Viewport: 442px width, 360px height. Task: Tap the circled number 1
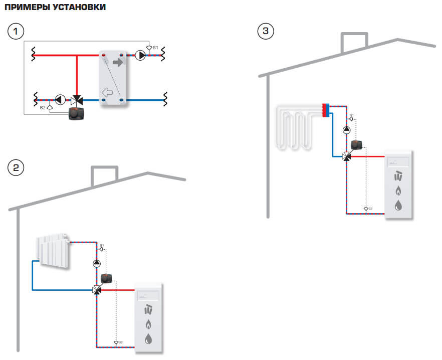click(x=16, y=32)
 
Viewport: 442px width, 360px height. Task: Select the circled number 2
click(x=16, y=167)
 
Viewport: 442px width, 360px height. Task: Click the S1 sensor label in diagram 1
click(x=155, y=47)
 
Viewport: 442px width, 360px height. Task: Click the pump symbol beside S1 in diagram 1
click(x=140, y=56)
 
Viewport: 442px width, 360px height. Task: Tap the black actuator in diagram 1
click(x=77, y=113)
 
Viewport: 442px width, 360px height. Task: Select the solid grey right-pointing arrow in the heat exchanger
click(x=119, y=63)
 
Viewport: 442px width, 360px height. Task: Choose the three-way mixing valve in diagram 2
click(x=97, y=290)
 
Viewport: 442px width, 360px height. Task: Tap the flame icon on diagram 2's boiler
click(x=148, y=323)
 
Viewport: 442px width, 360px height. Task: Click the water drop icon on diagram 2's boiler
click(x=148, y=338)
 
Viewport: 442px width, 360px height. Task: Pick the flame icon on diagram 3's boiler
click(x=398, y=191)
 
